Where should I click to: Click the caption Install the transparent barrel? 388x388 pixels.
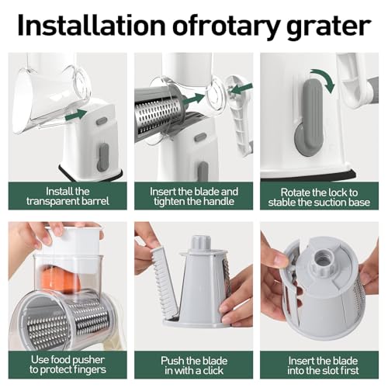tap(64, 197)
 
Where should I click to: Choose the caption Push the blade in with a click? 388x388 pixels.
tap(193, 365)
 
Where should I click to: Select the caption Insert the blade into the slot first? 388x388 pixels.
tap(323, 365)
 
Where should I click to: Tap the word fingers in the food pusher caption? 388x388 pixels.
tap(85, 372)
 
